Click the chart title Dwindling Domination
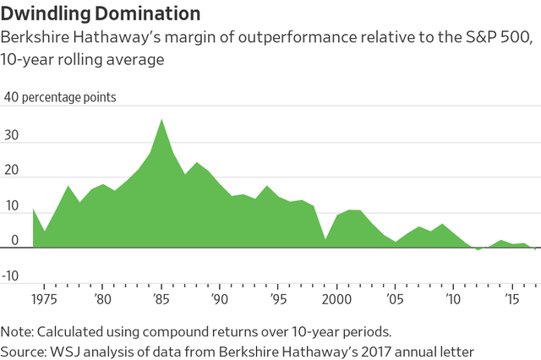(x=102, y=14)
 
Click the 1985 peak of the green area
(x=161, y=121)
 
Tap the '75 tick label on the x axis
(x=44, y=298)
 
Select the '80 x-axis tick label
(x=102, y=298)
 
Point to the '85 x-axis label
(x=161, y=298)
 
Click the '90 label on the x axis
(x=220, y=298)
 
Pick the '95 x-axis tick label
(x=278, y=298)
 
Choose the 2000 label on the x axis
(x=336, y=298)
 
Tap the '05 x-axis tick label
(x=395, y=298)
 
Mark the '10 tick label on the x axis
(x=454, y=298)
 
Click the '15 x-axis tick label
(x=512, y=298)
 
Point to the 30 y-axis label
(x=13, y=134)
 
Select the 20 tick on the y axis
(x=13, y=170)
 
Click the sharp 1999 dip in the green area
(x=325, y=239)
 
